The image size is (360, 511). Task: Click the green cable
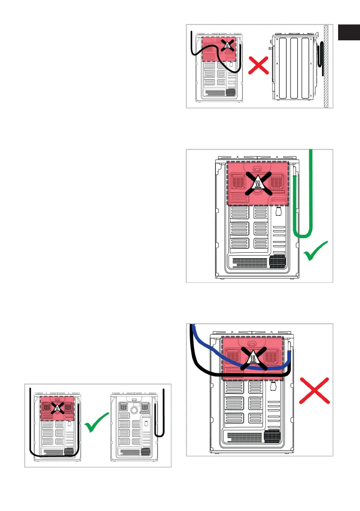[312, 193]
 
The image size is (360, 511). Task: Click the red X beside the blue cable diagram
[315, 390]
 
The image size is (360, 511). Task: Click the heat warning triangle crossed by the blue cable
[253, 358]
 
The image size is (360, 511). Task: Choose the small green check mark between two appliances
[97, 425]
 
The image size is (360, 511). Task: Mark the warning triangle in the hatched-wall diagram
[228, 44]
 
